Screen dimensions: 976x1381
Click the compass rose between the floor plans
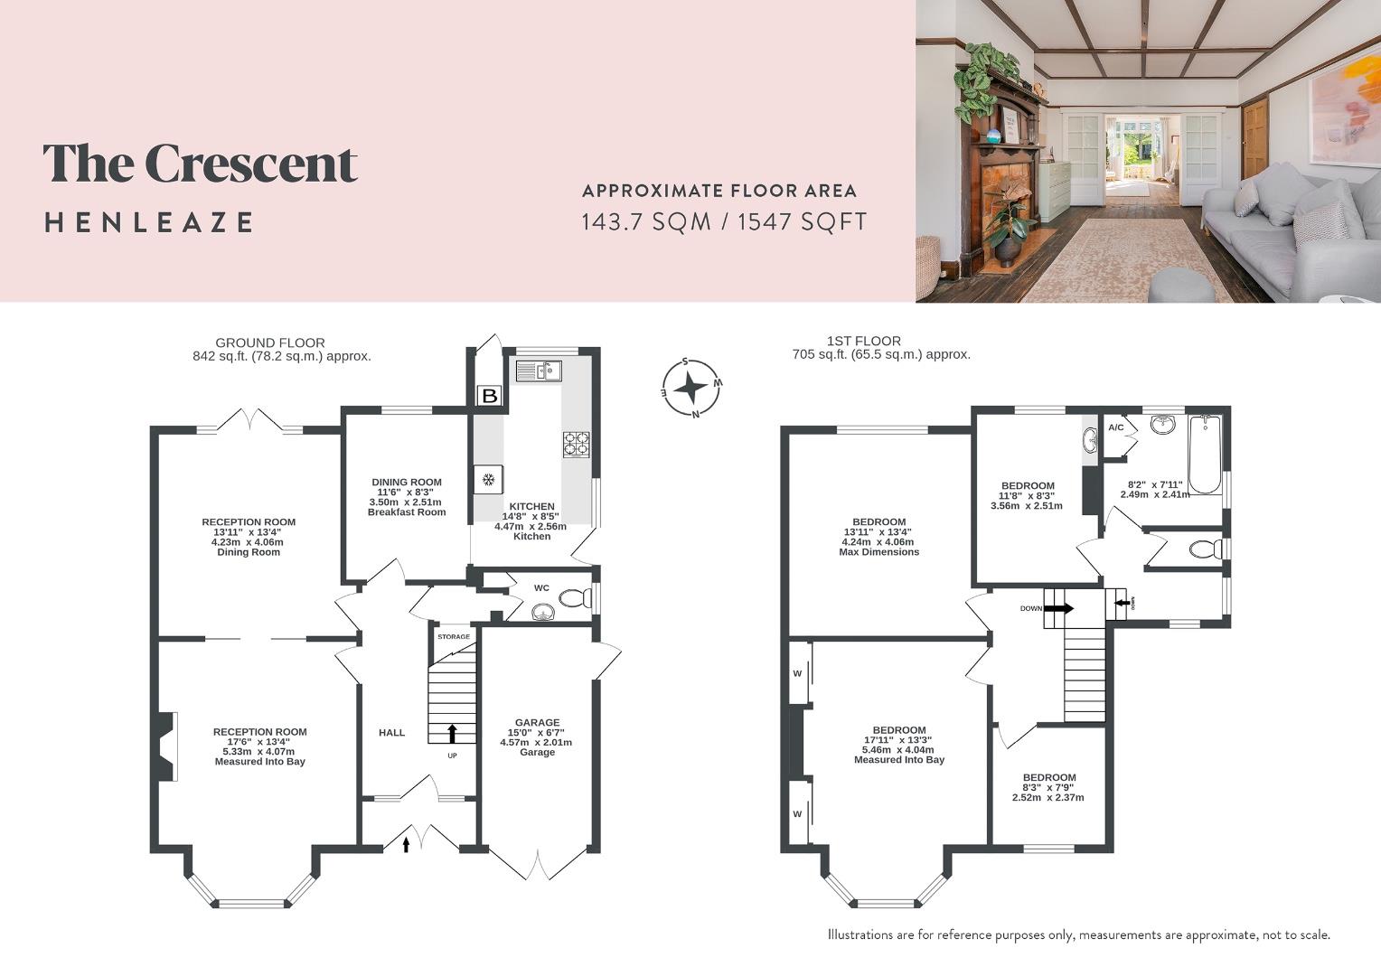click(691, 389)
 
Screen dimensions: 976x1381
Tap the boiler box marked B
click(489, 396)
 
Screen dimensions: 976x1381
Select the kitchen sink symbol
click(539, 371)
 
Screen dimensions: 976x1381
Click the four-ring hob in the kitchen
click(577, 443)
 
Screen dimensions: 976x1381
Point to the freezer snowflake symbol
click(488, 479)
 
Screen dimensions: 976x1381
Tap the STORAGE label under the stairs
click(454, 637)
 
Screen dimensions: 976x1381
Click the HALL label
click(391, 733)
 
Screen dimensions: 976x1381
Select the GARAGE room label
click(537, 723)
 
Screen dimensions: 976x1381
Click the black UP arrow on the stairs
click(452, 733)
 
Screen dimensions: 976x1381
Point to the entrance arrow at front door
click(406, 844)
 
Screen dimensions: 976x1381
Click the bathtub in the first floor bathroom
click(1204, 454)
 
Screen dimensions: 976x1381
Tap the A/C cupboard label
click(1116, 427)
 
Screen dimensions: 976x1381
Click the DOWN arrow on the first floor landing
click(1060, 608)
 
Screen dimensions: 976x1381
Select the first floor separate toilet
click(1204, 549)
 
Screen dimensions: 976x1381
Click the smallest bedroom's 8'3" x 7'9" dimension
click(1049, 788)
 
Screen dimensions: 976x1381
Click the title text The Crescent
click(200, 164)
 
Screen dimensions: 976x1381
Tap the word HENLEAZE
click(149, 222)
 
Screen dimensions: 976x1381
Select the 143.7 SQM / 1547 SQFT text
click(723, 221)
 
